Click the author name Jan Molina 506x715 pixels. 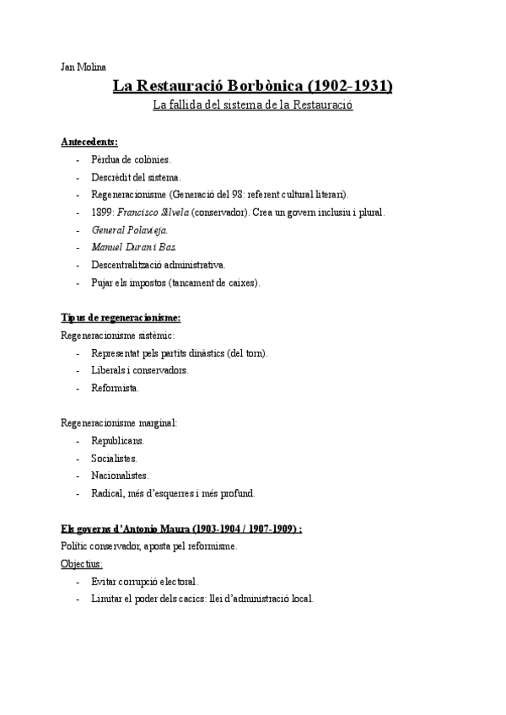[x=83, y=67]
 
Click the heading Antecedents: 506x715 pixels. [x=89, y=141]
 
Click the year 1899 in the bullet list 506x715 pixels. [x=101, y=212]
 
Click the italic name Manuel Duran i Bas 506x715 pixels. [x=134, y=247]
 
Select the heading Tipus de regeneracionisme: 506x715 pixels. [x=121, y=318]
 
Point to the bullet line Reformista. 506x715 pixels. [x=116, y=388]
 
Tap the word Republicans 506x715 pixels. [x=117, y=440]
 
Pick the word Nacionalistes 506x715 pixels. [x=120, y=476]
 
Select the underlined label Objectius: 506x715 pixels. [x=82, y=563]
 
